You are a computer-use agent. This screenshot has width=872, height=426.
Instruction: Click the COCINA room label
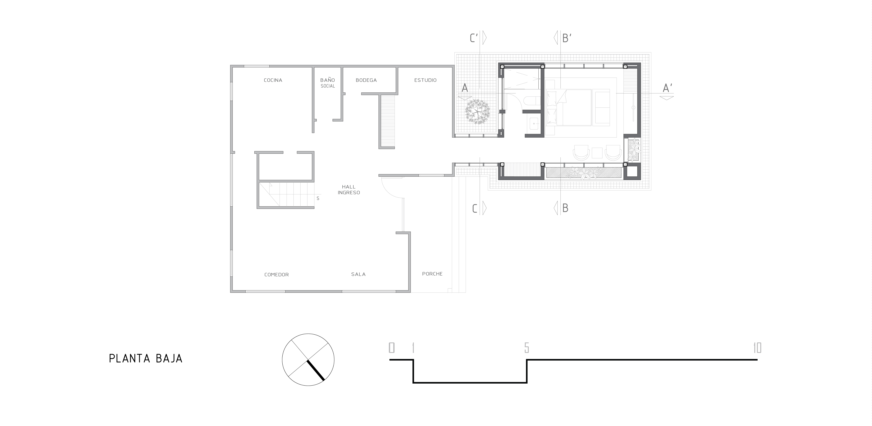click(x=273, y=80)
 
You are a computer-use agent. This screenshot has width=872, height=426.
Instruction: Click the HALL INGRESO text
click(x=349, y=189)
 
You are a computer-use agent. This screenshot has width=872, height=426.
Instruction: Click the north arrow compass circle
click(x=308, y=360)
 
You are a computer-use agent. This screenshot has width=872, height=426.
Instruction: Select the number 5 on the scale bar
click(x=526, y=348)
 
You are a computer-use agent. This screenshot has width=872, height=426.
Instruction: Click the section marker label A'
click(x=667, y=88)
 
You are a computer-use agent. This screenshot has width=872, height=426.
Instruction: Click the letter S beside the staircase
click(x=318, y=199)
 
